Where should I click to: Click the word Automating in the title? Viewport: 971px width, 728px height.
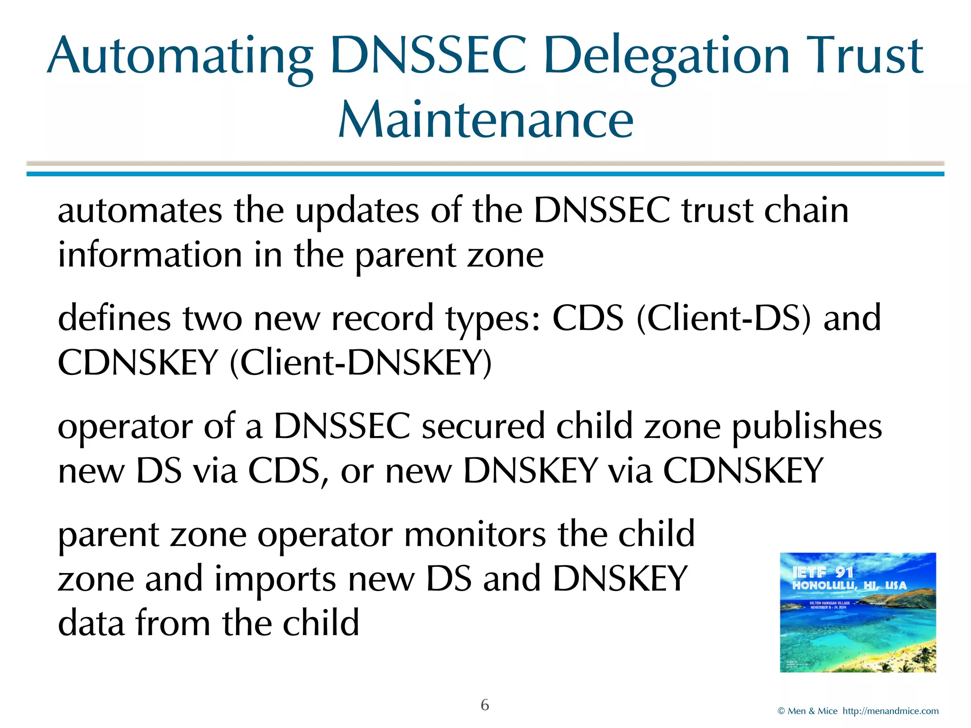(x=180, y=57)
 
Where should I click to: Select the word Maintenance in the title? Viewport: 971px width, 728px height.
(x=485, y=120)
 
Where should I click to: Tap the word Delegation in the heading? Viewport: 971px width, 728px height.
(x=666, y=57)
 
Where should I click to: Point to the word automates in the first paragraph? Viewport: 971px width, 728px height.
(x=140, y=211)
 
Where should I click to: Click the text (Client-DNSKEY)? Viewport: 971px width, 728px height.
(x=361, y=363)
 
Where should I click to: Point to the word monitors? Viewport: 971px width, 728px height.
(x=475, y=535)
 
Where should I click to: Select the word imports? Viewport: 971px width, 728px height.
(x=275, y=579)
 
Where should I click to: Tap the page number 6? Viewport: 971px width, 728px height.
(x=485, y=705)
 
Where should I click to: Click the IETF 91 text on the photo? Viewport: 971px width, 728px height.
(x=823, y=573)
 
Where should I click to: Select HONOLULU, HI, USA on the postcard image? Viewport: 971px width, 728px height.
(x=849, y=586)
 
